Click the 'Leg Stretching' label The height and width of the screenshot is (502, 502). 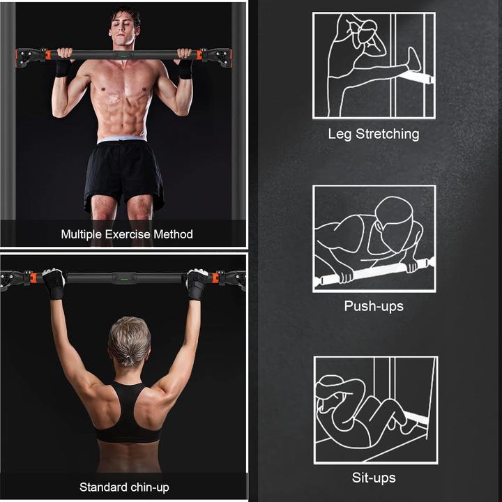374,133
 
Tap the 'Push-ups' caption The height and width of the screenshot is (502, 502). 374,305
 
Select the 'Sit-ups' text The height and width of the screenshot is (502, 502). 374,478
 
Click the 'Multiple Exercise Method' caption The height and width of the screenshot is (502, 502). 127,234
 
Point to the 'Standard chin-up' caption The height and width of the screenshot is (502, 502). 124,487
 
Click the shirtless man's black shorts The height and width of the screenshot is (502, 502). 124,174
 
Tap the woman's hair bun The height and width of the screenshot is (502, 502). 128,359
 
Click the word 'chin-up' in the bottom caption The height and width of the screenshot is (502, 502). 150,487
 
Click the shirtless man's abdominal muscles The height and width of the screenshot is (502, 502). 124,112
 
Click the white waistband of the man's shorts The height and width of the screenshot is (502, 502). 122,140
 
